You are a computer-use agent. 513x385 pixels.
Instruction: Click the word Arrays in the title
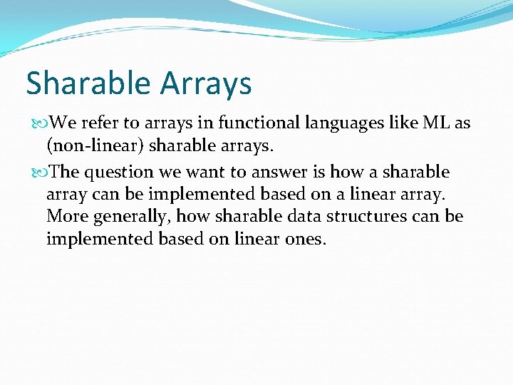pos(206,83)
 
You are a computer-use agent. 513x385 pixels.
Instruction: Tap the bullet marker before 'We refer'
pos(38,123)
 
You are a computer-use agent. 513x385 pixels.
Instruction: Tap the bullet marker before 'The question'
pos(38,173)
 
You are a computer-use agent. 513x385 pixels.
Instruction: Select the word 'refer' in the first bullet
pos(100,123)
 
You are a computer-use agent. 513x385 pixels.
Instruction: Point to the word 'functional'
pos(257,123)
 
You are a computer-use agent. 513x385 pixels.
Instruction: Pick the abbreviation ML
pos(436,123)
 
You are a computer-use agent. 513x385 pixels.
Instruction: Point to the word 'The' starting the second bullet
pos(66,173)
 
